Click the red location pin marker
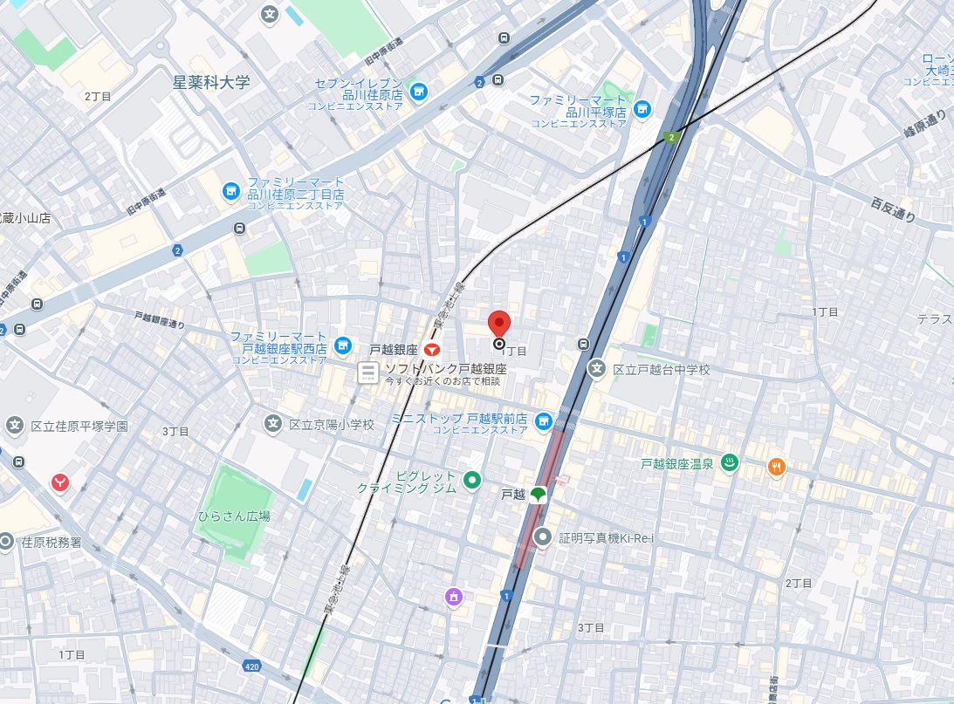[x=498, y=324]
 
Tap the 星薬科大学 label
[x=211, y=83]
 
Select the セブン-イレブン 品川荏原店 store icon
[x=419, y=91]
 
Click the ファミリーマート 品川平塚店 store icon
[x=642, y=108]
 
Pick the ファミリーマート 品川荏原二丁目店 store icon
[x=230, y=189]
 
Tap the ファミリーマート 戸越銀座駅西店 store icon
[x=343, y=346]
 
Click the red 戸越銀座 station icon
[x=431, y=349]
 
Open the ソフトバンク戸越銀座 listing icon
[x=368, y=373]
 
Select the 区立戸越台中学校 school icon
[x=597, y=369]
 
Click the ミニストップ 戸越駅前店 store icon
[x=544, y=421]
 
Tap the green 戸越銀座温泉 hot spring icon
[x=730, y=463]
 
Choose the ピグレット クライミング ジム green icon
[x=472, y=479]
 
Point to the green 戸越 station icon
[x=538, y=495]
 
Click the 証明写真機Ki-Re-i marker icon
[x=544, y=537]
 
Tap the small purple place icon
[x=453, y=597]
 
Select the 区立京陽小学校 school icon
[x=274, y=424]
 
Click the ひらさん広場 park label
[x=234, y=516]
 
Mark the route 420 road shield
[x=251, y=666]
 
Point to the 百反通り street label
[x=894, y=209]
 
